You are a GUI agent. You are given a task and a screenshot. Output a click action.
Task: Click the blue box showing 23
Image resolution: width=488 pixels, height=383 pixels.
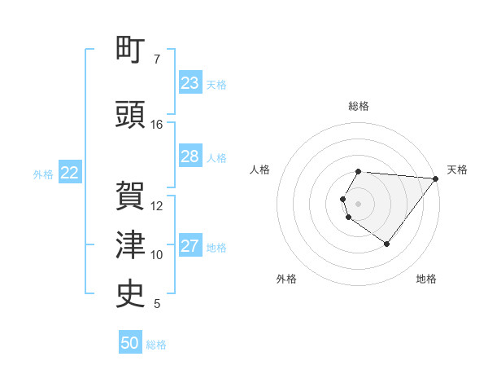[190, 83]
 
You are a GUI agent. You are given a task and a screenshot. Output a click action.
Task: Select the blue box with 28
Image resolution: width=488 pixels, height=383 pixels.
[190, 156]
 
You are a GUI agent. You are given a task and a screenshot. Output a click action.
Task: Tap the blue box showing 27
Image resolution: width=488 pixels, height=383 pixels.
[190, 246]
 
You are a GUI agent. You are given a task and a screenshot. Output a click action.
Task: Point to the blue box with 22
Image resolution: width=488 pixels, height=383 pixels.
[70, 173]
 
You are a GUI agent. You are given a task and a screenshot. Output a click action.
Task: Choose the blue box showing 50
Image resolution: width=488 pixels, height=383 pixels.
[130, 343]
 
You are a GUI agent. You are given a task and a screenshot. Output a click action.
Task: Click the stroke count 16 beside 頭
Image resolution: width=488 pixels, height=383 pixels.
[157, 125]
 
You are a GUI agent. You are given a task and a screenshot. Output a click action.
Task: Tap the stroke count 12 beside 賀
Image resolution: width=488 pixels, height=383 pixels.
[157, 206]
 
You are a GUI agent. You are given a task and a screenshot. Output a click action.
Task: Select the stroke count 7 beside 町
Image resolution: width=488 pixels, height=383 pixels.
[157, 59]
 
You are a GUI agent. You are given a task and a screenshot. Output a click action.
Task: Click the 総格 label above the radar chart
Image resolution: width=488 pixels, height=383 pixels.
[359, 106]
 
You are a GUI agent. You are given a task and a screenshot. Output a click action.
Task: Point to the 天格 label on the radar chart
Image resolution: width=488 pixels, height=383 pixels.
[457, 169]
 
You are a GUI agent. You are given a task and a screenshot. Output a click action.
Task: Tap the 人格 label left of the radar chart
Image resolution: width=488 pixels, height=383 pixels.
[260, 169]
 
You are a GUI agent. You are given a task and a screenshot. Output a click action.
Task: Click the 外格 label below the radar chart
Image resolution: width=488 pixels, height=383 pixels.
[286, 280]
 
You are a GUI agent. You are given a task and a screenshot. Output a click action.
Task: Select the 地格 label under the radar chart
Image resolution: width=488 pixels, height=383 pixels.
[426, 280]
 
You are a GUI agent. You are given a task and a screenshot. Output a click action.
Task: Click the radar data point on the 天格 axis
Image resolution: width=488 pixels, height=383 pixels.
[435, 178]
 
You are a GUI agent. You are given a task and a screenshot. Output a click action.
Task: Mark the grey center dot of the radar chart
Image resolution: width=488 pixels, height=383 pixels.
[359, 203]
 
